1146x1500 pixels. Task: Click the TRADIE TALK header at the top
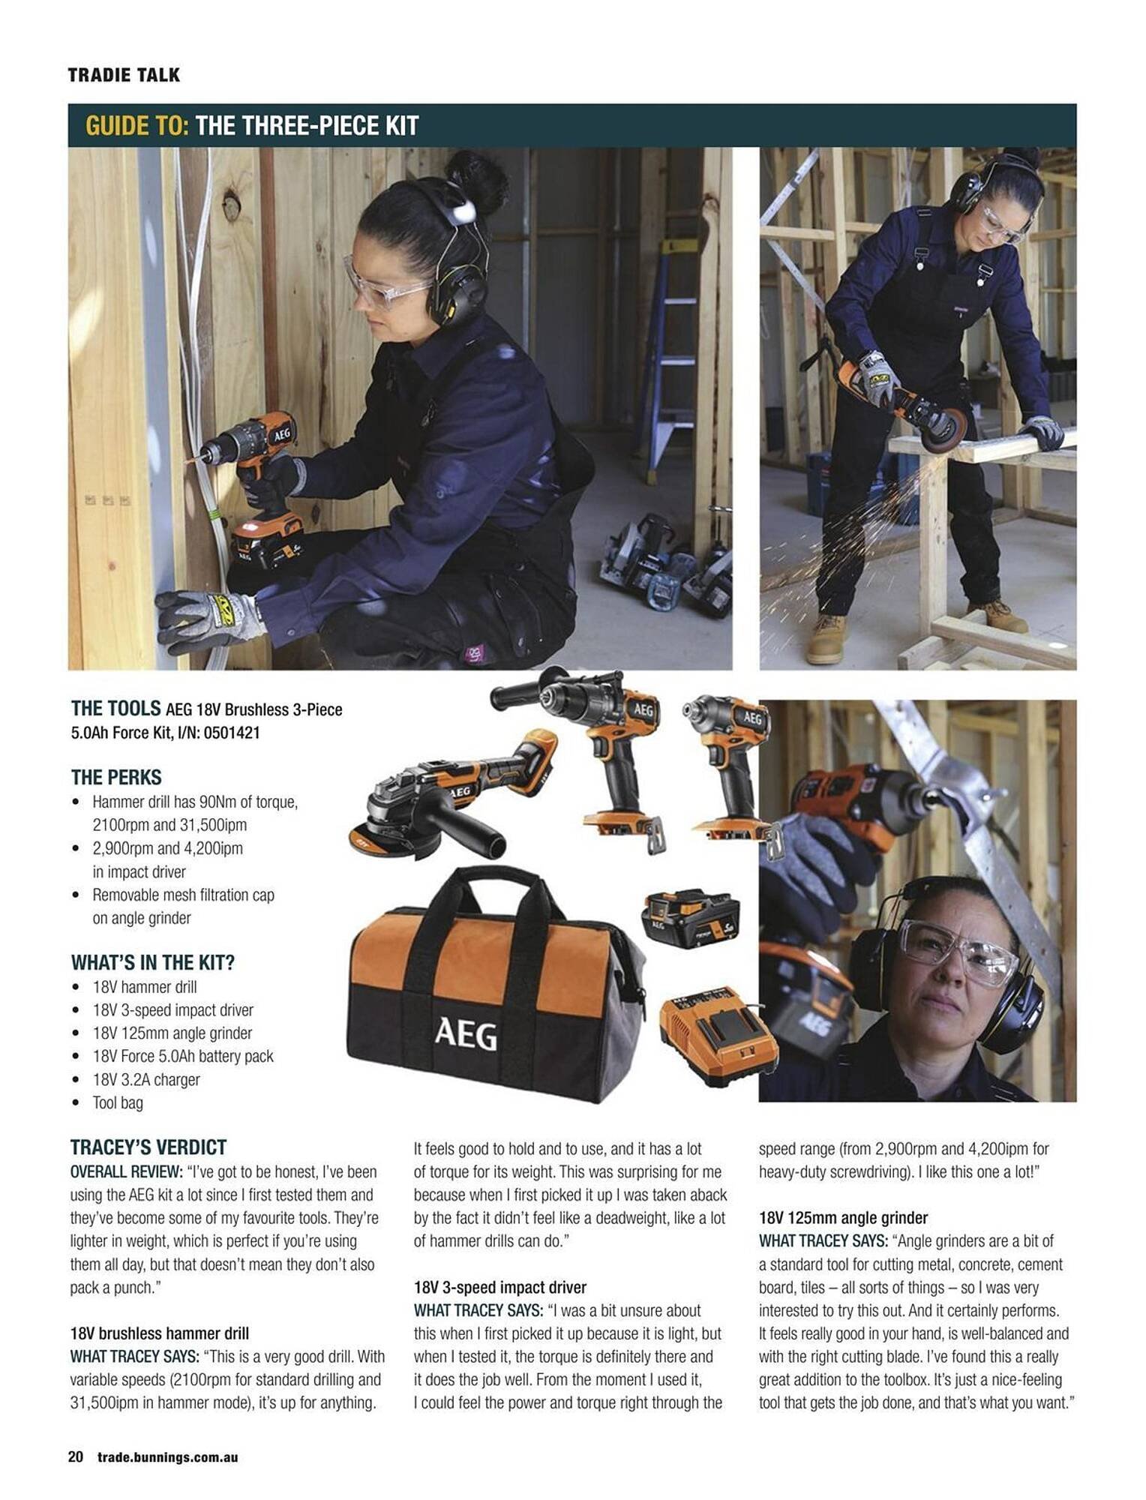pos(124,75)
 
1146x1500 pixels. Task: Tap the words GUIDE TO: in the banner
pos(136,125)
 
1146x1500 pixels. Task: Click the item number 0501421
pos(231,733)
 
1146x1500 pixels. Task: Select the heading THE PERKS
pos(116,777)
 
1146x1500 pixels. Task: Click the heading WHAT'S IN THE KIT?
pos(153,962)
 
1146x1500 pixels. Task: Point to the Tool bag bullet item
pos(117,1102)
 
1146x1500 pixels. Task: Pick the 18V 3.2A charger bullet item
pos(146,1079)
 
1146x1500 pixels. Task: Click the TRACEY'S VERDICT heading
pos(148,1147)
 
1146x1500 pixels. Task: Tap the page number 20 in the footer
pos(76,1456)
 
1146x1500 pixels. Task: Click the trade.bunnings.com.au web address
pos(167,1457)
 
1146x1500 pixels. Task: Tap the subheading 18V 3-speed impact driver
pos(500,1287)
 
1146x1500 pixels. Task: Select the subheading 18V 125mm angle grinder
pos(843,1217)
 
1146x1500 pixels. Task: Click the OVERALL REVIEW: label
pos(126,1171)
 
